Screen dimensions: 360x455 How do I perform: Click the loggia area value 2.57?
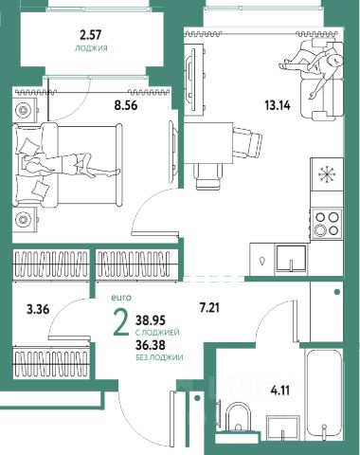91,35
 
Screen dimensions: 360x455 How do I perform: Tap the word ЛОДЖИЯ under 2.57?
91,48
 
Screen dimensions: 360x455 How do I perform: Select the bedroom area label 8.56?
126,105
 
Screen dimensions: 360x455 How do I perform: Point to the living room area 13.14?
278,105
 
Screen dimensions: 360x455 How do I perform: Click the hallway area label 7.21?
209,307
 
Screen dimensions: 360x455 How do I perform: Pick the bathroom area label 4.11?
279,391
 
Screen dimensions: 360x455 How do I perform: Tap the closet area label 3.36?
38,309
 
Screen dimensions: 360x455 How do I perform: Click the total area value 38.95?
151,320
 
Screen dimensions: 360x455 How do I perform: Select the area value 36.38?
151,345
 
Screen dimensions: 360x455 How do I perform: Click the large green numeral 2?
121,322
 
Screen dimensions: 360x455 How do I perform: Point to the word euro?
121,298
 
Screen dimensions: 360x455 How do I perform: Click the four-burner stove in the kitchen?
327,224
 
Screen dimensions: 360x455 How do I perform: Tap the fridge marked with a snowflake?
327,174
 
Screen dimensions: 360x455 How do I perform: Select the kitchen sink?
292,258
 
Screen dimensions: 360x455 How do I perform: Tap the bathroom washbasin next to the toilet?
283,428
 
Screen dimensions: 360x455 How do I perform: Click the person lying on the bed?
69,165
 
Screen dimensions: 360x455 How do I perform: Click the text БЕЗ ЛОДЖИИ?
159,357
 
